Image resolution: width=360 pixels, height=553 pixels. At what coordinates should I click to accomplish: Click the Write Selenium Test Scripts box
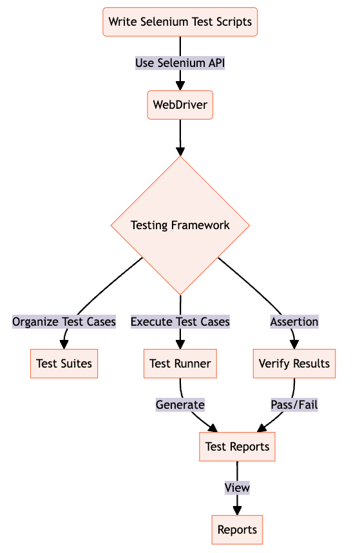pyautogui.click(x=180, y=22)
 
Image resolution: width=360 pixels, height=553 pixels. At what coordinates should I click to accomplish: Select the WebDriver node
pyautogui.click(x=180, y=105)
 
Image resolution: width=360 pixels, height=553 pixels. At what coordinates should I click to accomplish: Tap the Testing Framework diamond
pyautogui.click(x=180, y=225)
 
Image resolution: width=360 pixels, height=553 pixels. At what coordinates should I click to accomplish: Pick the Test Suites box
pyautogui.click(x=64, y=364)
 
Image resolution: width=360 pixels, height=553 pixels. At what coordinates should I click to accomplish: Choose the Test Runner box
pyautogui.click(x=180, y=364)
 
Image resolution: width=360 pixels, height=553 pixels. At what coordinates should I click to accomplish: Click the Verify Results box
pyautogui.click(x=294, y=364)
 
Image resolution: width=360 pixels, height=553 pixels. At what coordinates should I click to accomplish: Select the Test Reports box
pyautogui.click(x=237, y=447)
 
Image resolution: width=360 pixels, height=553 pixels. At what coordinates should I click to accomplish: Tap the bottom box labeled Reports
pyautogui.click(x=237, y=530)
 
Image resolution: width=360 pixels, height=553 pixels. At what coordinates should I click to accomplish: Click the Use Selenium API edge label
pyautogui.click(x=180, y=63)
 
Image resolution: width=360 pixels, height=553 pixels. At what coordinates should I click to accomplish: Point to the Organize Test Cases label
pyautogui.click(x=64, y=322)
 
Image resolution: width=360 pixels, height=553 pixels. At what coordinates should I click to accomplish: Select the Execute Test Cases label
pyautogui.click(x=180, y=322)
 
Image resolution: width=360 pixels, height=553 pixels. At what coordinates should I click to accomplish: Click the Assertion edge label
pyautogui.click(x=294, y=322)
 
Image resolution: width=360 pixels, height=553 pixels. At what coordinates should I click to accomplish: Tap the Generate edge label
pyautogui.click(x=180, y=405)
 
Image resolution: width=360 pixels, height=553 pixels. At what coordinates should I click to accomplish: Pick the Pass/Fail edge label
pyautogui.click(x=294, y=405)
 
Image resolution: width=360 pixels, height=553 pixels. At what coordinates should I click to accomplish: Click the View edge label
pyautogui.click(x=237, y=488)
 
